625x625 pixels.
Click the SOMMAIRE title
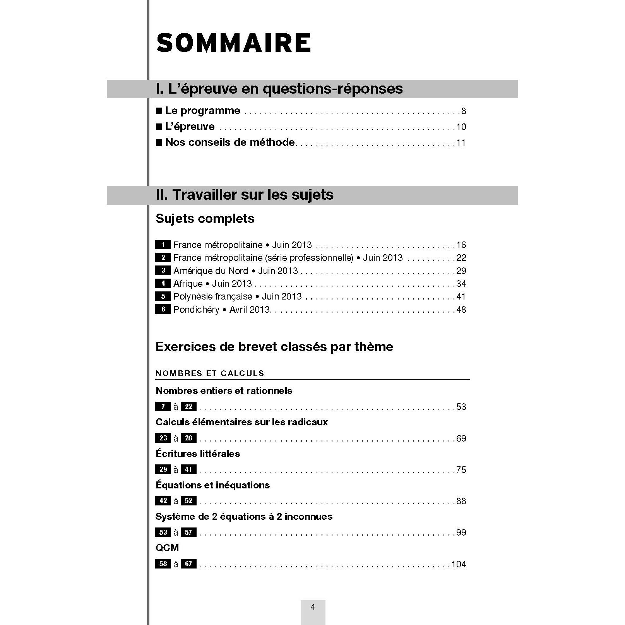[233, 43]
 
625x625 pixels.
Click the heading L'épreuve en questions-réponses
[279, 89]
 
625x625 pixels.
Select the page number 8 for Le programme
[464, 111]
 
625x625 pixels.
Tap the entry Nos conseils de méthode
[230, 142]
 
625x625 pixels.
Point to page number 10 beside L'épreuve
[461, 127]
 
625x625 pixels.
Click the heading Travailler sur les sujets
[245, 195]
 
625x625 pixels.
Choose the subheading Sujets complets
[205, 219]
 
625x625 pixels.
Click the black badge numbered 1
[163, 245]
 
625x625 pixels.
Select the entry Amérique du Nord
[235, 271]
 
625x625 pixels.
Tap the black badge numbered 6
[163, 309]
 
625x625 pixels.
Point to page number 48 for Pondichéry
[461, 310]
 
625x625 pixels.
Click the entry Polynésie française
[237, 296]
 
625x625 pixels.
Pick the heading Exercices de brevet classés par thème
[274, 347]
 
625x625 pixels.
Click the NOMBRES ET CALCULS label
[210, 373]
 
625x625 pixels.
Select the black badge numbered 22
[188, 407]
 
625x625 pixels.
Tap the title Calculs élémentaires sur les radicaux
[241, 422]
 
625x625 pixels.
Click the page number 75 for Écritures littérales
[461, 470]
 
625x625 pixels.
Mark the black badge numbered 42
[163, 501]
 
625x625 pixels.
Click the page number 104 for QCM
[459, 564]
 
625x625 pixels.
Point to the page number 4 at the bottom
[313, 607]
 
